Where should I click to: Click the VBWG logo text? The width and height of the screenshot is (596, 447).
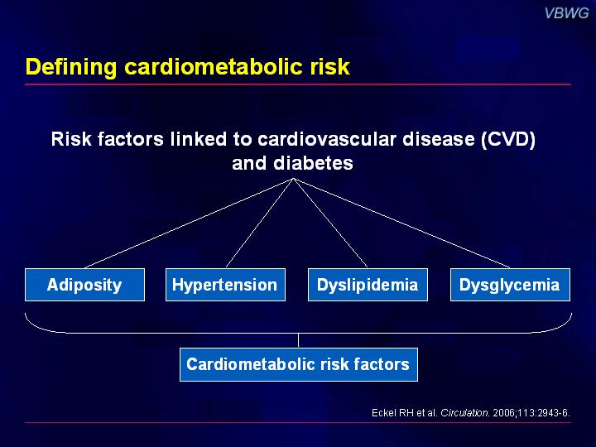(566, 13)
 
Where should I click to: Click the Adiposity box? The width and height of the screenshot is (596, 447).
(84, 285)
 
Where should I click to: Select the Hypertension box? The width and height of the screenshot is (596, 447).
(225, 285)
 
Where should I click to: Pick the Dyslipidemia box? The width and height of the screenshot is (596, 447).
(368, 285)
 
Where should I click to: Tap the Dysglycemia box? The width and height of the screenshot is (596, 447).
(510, 285)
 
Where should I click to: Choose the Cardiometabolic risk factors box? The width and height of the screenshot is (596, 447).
(299, 364)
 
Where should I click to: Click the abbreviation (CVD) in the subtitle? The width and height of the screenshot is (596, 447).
(508, 139)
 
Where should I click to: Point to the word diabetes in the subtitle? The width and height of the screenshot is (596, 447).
(313, 163)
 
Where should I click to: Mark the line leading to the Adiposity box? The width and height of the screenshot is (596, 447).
(189, 223)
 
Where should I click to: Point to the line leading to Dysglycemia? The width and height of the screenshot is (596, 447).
(401, 223)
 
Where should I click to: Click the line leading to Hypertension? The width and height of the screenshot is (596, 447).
(260, 223)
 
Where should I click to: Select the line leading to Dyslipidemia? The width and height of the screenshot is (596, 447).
(330, 223)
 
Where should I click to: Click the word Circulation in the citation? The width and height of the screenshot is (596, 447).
(465, 413)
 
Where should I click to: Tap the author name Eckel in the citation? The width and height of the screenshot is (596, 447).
(384, 413)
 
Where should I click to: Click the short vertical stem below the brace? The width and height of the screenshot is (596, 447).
(298, 340)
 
